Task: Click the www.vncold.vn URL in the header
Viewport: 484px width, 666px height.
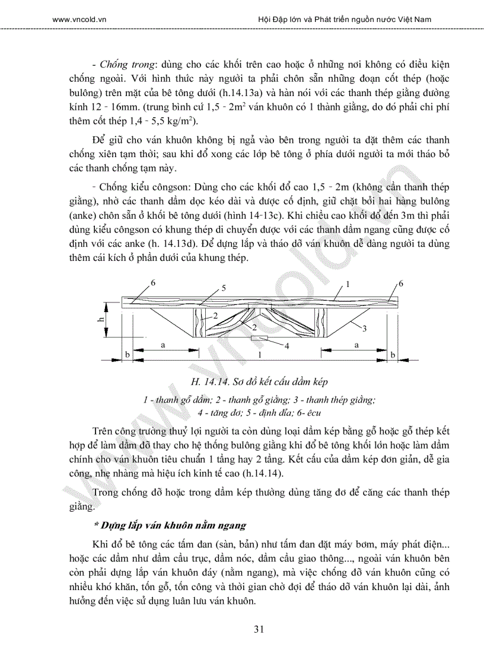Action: click(x=83, y=19)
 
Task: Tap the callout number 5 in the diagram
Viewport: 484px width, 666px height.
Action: click(x=224, y=288)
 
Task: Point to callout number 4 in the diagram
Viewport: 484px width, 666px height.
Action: click(x=286, y=346)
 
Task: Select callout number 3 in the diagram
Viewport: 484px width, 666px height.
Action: click(x=364, y=327)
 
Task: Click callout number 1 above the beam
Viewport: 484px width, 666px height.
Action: click(x=348, y=284)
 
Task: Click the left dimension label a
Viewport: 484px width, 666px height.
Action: click(x=162, y=344)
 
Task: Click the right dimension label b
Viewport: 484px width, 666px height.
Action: click(x=393, y=354)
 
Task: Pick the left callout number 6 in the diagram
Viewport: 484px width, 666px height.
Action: click(x=153, y=283)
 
